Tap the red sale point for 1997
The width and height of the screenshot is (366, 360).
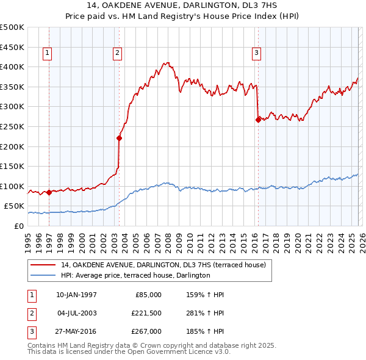(x=49, y=192)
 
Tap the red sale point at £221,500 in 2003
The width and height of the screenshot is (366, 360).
(x=119, y=138)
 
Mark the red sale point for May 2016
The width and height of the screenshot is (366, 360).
(x=258, y=120)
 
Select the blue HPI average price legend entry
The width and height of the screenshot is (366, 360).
(x=135, y=276)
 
